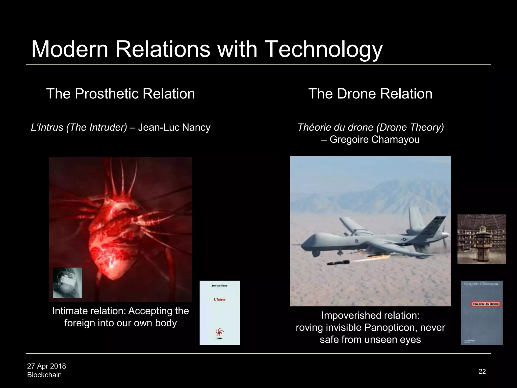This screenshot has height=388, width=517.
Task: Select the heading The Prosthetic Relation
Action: coord(120,94)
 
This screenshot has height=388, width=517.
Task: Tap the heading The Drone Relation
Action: coord(370,94)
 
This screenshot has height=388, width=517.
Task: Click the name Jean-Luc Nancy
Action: coord(174,127)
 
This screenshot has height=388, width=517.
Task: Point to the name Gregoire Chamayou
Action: coord(375,139)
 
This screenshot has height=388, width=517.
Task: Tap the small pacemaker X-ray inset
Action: coord(67,283)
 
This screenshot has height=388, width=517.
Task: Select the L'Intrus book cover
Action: coord(220,312)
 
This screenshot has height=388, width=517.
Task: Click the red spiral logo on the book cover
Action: coord(219,331)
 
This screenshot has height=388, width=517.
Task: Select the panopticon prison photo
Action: coord(482,239)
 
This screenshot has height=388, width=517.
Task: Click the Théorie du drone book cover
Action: coord(482,312)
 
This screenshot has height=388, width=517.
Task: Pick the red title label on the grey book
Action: coord(485,304)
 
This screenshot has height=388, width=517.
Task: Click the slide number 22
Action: coord(482,371)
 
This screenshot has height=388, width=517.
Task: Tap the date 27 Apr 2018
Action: coord(46,366)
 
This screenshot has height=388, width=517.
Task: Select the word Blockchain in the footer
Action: coord(44,375)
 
